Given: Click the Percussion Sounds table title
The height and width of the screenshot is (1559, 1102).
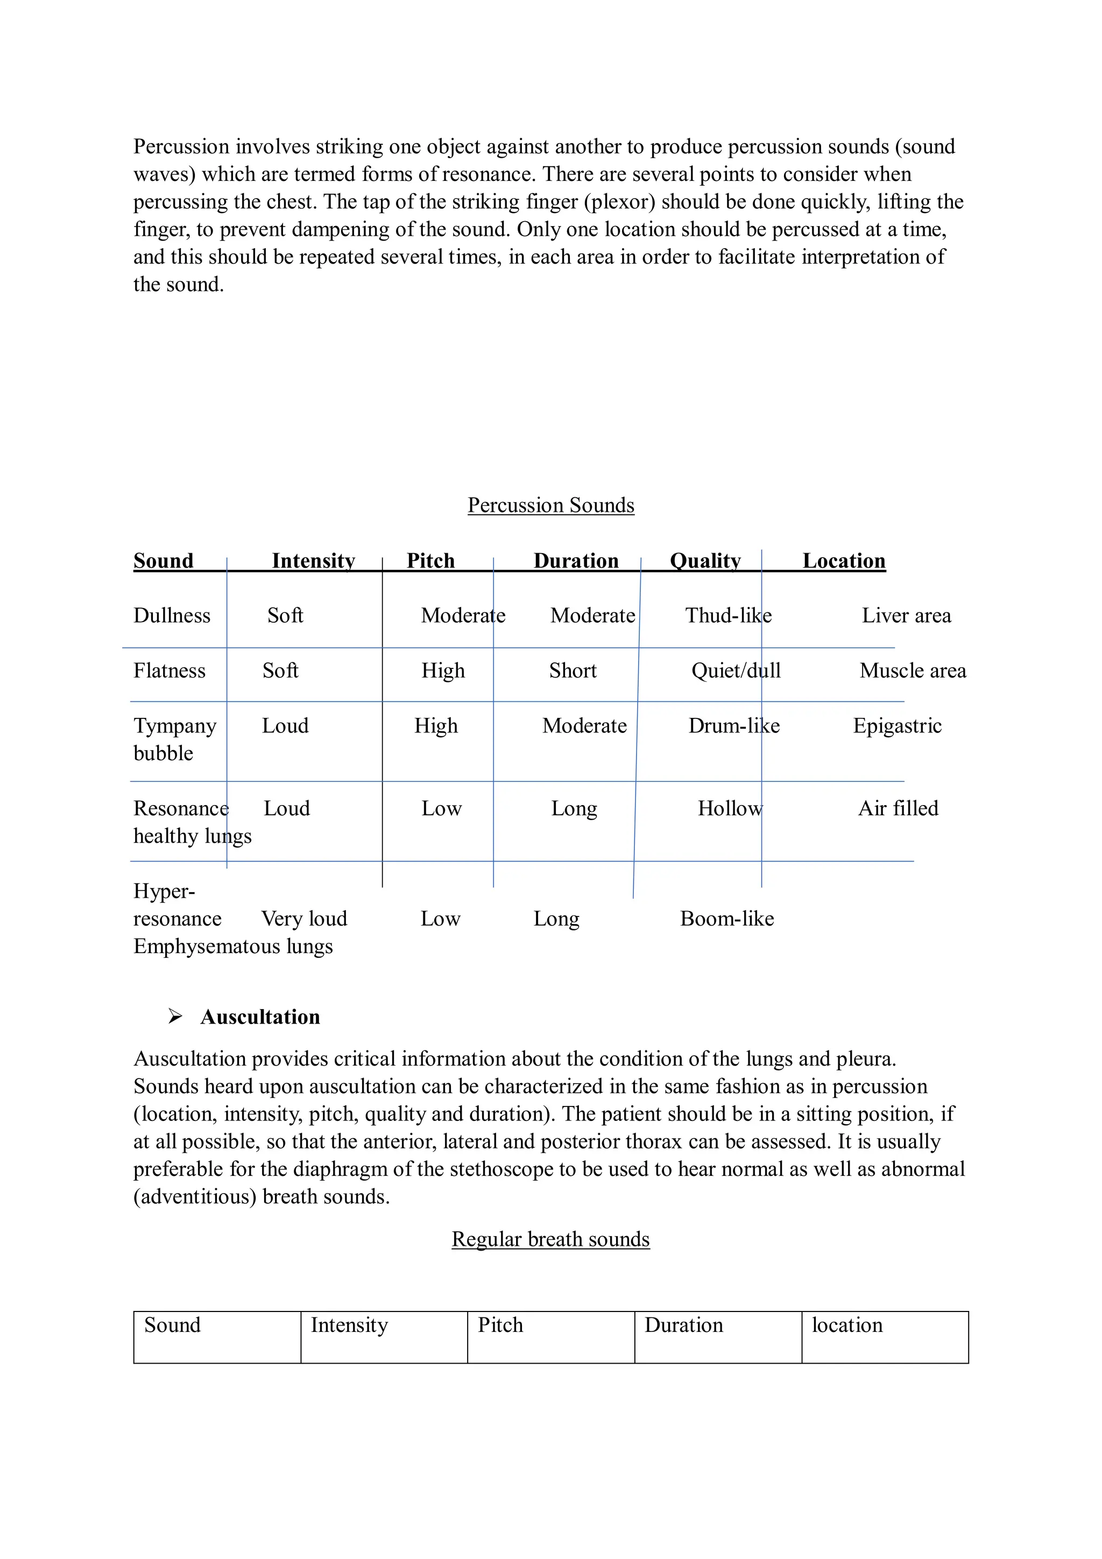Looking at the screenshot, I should (550, 505).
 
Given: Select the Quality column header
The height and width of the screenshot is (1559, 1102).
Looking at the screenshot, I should (705, 561).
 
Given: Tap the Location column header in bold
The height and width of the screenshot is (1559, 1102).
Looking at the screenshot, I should (843, 561).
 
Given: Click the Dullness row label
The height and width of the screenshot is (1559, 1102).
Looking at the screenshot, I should (172, 616).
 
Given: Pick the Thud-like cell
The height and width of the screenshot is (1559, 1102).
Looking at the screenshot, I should (728, 616).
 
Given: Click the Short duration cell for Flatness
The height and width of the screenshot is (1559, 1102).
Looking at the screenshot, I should (573, 671).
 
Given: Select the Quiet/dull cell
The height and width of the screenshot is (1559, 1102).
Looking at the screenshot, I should (736, 671).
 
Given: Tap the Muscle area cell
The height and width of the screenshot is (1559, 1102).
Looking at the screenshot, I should (912, 671).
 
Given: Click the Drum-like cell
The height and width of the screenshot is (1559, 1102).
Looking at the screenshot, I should (733, 726).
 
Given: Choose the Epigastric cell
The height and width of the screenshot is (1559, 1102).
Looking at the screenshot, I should (897, 726).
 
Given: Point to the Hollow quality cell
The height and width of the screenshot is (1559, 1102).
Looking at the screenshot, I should (730, 809).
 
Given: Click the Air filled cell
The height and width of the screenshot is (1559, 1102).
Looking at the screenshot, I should (898, 809).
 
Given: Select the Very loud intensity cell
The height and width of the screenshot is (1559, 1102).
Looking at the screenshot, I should (304, 919).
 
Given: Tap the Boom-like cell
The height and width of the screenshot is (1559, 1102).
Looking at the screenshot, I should (726, 919).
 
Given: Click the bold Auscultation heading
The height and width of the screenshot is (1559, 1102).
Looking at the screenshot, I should (260, 1017).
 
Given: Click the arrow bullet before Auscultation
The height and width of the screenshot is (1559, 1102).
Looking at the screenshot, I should (175, 1017).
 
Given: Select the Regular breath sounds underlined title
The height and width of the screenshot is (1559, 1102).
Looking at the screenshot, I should (550, 1239).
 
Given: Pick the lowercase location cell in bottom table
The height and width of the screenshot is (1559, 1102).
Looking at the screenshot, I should (847, 1325).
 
